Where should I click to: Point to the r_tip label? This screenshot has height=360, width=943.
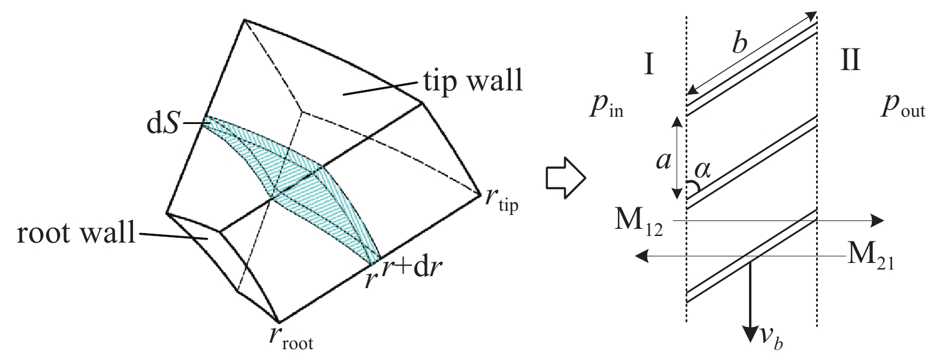pos(502,201)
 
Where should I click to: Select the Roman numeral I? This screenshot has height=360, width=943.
pos(649,63)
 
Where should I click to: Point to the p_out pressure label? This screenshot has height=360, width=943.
pos(903,108)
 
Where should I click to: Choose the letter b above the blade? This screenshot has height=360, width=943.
pos(739,42)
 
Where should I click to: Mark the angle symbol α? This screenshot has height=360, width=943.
pos(703,170)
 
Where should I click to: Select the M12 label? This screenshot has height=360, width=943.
pos(638,220)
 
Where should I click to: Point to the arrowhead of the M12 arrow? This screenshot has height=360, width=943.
pos(877,220)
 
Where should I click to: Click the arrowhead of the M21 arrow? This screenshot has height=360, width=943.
pos(642,256)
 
